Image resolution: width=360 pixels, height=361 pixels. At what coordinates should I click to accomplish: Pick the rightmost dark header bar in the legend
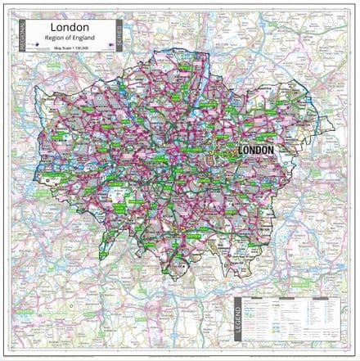pos(322,298)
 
